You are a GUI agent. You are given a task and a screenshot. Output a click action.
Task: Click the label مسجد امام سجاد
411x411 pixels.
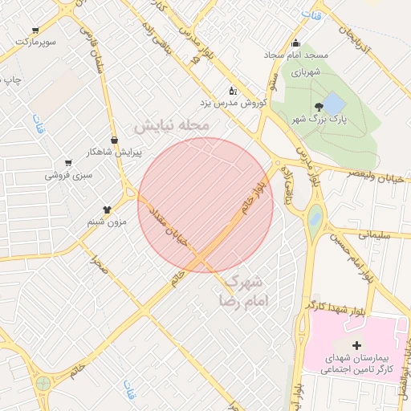click(296, 55)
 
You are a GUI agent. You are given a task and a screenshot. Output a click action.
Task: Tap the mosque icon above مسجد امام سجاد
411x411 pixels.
click(296, 43)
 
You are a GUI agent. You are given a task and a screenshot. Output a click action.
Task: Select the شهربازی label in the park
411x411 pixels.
click(306, 72)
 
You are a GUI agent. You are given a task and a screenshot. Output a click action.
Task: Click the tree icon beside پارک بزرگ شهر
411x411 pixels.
click(319, 106)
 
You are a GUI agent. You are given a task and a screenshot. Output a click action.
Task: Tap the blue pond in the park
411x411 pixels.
click(332, 102)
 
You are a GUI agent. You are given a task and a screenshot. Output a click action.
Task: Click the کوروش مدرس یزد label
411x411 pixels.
click(232, 103)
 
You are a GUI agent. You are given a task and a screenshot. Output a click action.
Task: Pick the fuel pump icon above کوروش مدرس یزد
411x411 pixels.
click(233, 90)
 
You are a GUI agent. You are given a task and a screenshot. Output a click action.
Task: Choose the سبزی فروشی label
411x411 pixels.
click(68, 173)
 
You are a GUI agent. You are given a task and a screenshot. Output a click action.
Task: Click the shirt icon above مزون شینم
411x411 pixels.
click(106, 209)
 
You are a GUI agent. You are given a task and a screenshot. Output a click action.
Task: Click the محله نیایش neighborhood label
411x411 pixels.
click(172, 127)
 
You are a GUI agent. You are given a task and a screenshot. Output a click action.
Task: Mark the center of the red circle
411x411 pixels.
click(205, 205)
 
